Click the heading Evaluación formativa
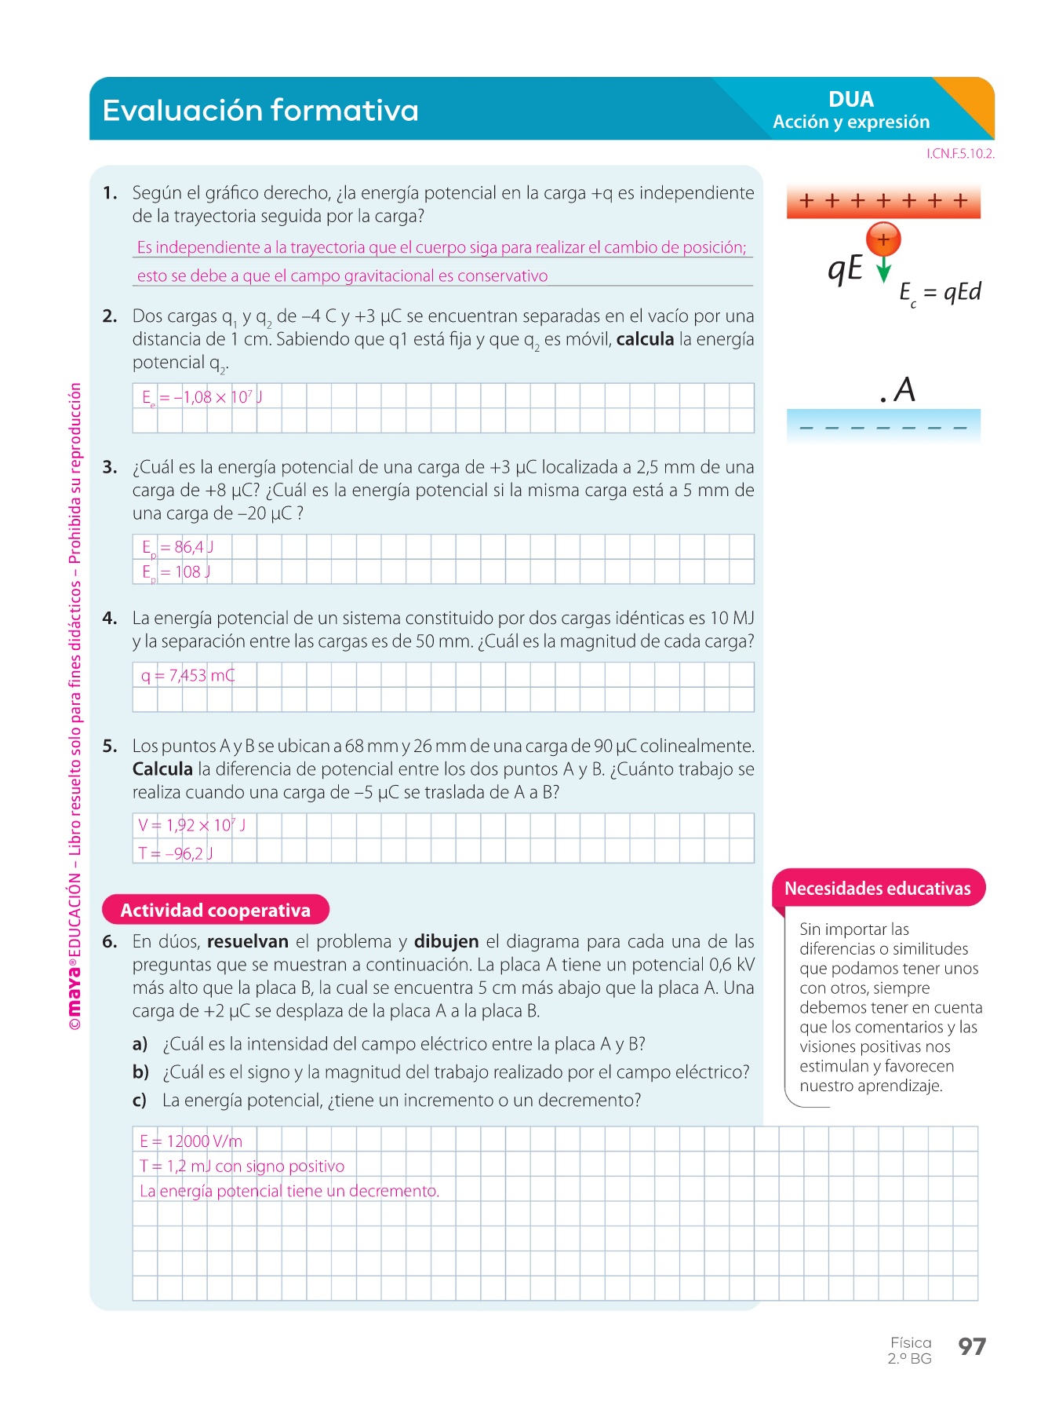[x=260, y=111]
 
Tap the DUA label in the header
[x=850, y=100]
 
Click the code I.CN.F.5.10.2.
[x=959, y=154]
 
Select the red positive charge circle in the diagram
[x=883, y=239]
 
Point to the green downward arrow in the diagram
[x=884, y=269]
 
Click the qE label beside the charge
[x=845, y=268]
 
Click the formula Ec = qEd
[x=940, y=293]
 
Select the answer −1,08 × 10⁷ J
[x=202, y=397]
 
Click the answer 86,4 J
[x=178, y=547]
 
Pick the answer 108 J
[x=176, y=572]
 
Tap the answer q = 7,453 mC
[x=187, y=675]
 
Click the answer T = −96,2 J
[x=176, y=853]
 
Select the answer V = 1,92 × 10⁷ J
[x=192, y=825]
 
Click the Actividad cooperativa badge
[x=216, y=910]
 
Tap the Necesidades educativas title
[x=877, y=889]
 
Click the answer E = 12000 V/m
[x=191, y=1141]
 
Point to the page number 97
[x=972, y=1347]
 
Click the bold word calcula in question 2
[x=645, y=339]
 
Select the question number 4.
[x=110, y=619]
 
